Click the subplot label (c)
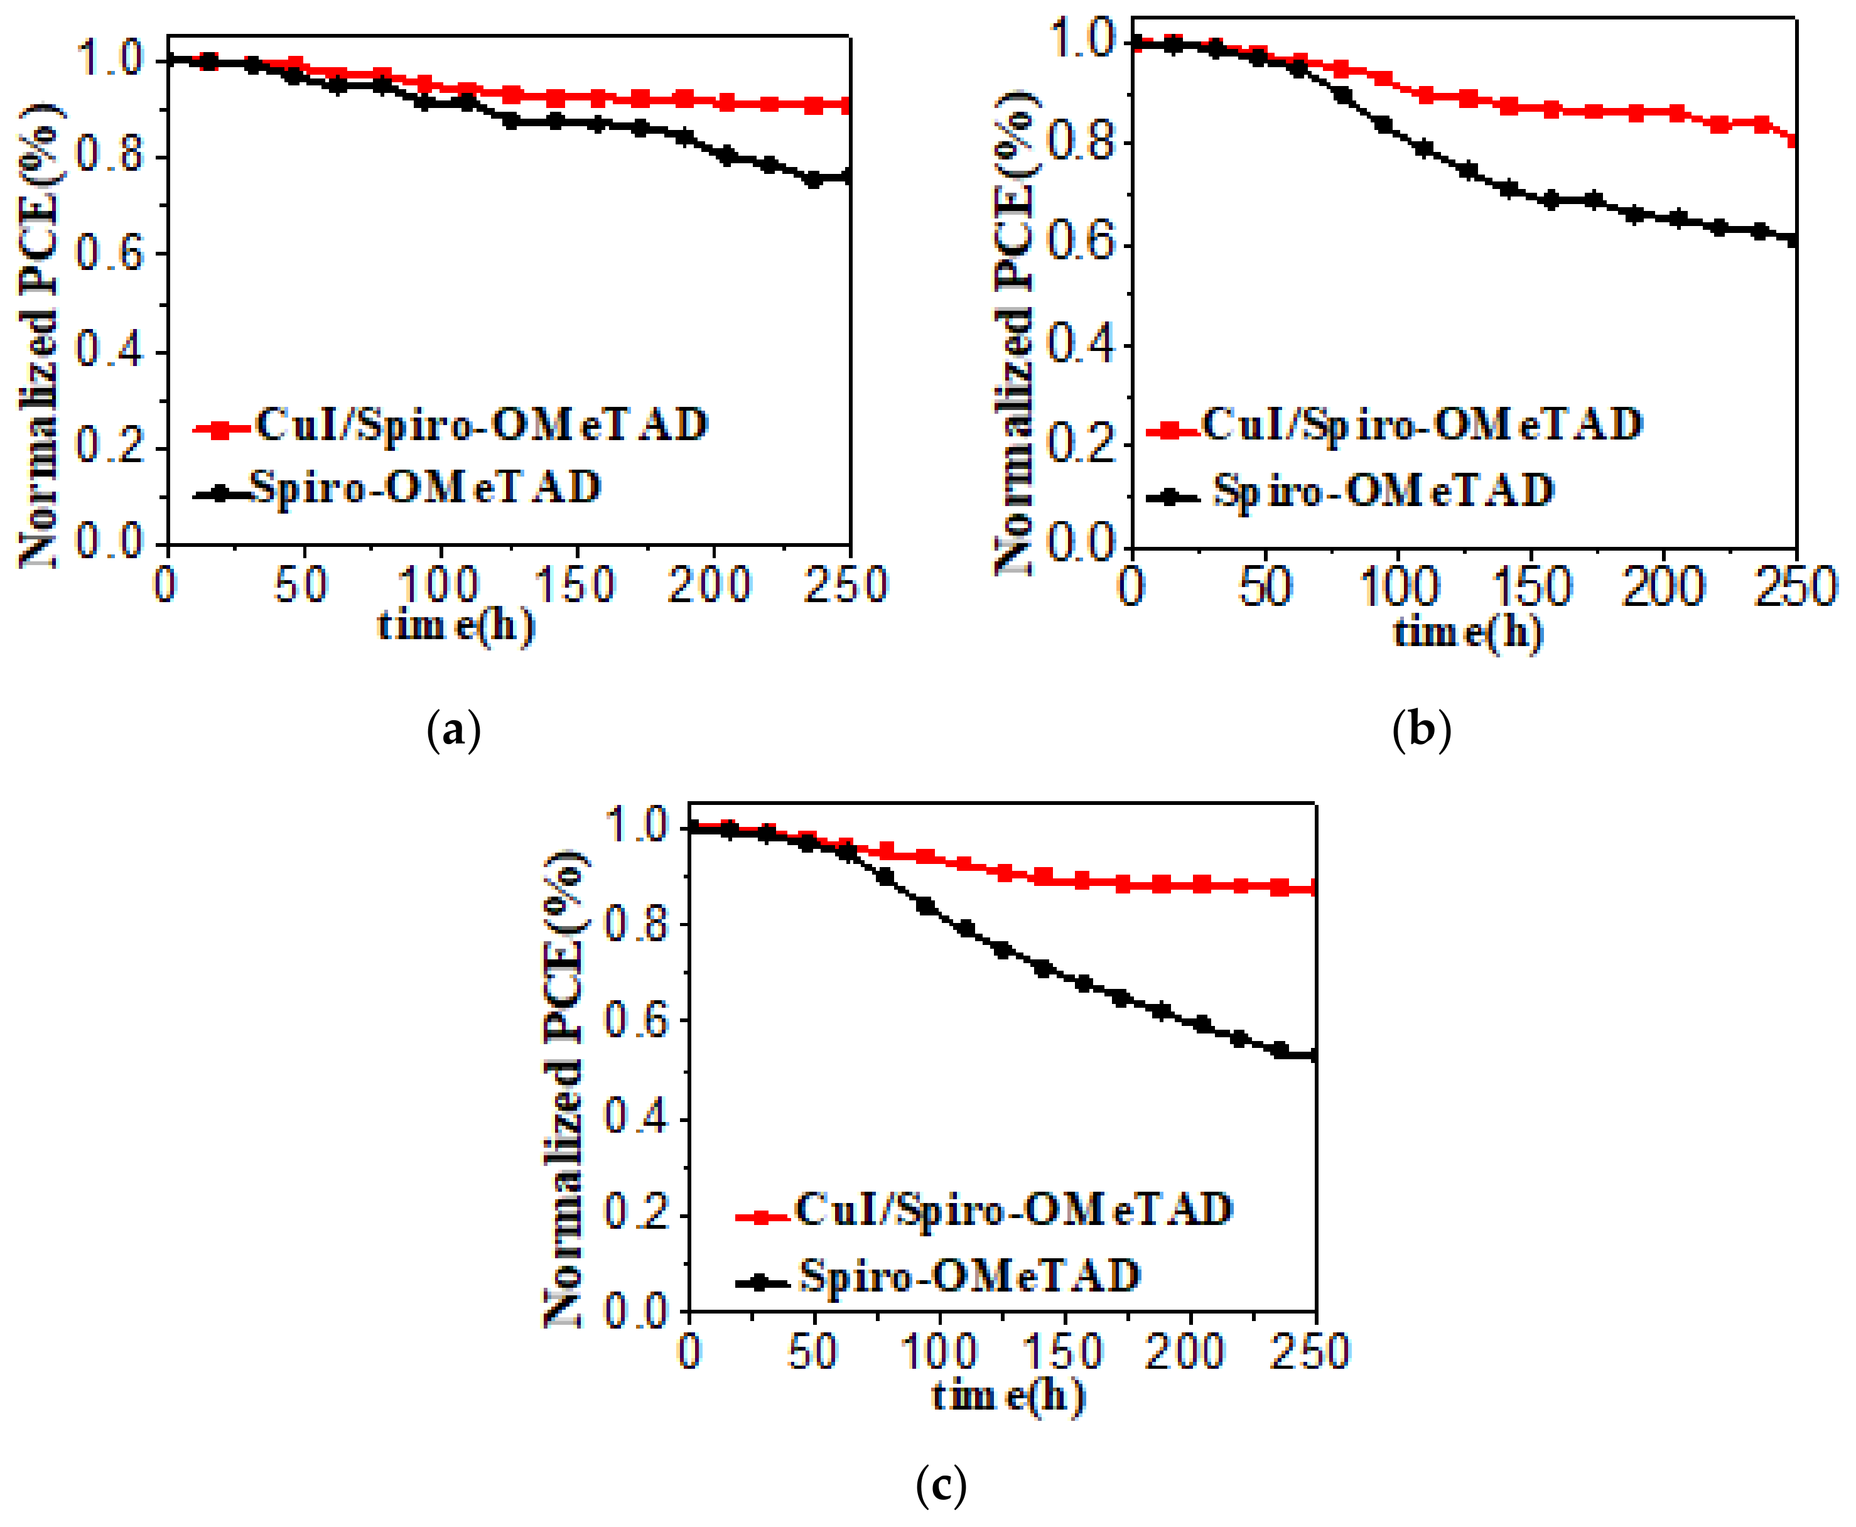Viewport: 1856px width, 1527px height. (941, 1486)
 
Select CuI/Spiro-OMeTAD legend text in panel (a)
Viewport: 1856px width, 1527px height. (482, 425)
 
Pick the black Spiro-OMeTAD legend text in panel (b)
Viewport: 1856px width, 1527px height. (1384, 491)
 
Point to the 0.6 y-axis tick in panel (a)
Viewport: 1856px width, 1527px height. (109, 254)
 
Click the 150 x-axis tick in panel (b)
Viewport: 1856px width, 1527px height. (1531, 586)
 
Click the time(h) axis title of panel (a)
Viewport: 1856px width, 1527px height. (456, 625)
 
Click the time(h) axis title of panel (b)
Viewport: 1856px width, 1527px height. (1468, 632)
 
